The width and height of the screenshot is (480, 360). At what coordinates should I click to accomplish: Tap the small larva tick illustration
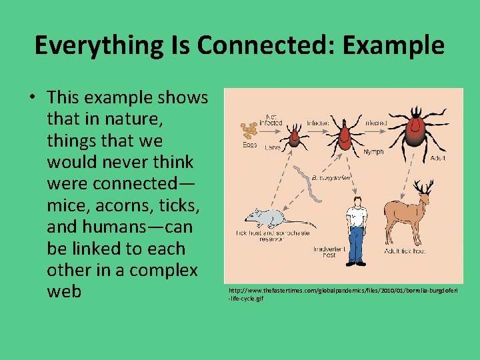pos(291,137)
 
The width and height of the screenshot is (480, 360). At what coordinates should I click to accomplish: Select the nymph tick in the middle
pos(345,135)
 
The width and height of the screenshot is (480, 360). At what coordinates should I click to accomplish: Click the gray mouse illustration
pos(265,217)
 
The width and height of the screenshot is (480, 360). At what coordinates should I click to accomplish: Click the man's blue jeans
pos(357,243)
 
